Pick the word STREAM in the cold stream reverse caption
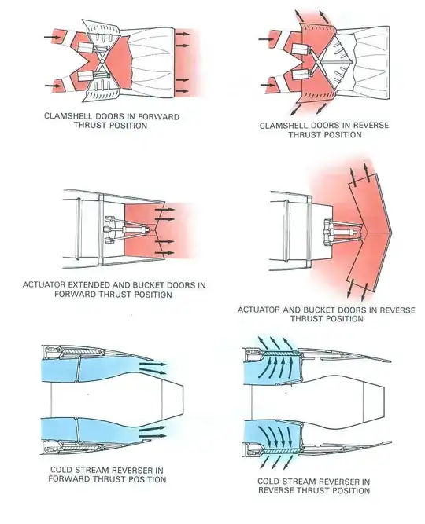tap(301, 480)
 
